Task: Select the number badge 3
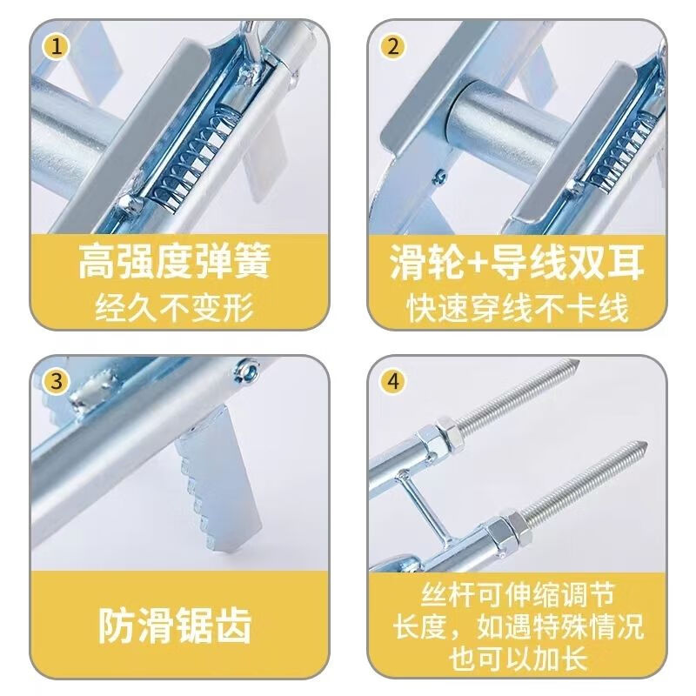click(x=58, y=381)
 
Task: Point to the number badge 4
click(x=392, y=381)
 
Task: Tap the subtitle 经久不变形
click(x=177, y=306)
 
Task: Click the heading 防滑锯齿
click(x=177, y=623)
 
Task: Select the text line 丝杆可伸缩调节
click(x=519, y=597)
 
